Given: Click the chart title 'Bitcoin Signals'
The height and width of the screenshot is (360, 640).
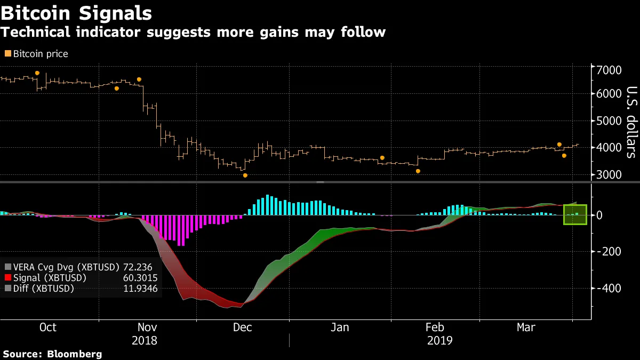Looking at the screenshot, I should (x=76, y=13).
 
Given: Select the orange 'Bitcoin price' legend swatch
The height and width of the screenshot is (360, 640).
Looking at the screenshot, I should (x=7, y=54).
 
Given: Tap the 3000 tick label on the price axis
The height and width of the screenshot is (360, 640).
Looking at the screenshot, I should (x=609, y=175).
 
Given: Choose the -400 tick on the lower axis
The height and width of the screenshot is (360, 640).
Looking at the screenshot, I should (x=608, y=288).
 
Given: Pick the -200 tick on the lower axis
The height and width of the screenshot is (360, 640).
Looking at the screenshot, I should (x=608, y=252).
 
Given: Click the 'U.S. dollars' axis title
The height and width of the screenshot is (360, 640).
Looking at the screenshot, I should (x=630, y=122).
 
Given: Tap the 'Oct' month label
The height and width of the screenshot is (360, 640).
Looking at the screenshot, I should (x=48, y=327).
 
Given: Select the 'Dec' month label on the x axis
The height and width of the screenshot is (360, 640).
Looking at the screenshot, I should (x=243, y=327).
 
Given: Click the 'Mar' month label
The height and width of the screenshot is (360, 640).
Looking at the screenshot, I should (x=526, y=327).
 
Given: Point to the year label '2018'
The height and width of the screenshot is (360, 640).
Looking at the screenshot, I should (x=144, y=341).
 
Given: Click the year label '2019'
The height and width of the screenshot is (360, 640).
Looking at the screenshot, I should (x=439, y=341).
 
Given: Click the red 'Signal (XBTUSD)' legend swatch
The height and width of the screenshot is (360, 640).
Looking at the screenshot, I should (x=7, y=278).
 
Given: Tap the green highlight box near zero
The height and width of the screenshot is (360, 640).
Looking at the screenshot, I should (x=575, y=214).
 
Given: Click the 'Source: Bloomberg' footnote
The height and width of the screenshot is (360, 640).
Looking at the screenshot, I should (x=52, y=354).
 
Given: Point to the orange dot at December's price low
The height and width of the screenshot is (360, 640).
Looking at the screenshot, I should (x=245, y=175).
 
